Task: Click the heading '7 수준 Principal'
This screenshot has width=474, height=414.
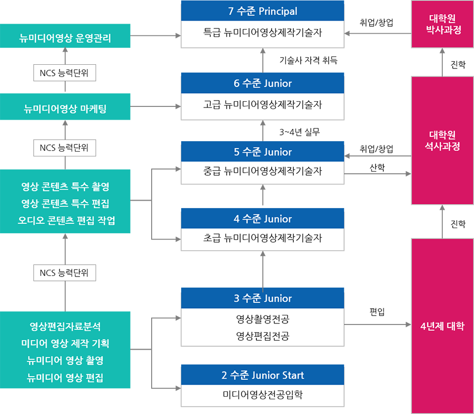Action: (x=262, y=11)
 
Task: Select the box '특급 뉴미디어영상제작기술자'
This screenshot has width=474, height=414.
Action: (x=262, y=33)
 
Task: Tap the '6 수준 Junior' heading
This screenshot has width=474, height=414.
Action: (x=262, y=83)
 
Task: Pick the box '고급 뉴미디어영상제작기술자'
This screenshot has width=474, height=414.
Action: (x=262, y=104)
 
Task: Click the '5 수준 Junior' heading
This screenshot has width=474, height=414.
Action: (x=262, y=152)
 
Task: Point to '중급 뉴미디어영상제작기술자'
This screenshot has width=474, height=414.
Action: (x=262, y=171)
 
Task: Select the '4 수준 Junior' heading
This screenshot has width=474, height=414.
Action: (x=262, y=219)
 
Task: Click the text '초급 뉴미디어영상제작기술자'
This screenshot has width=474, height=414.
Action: (x=262, y=238)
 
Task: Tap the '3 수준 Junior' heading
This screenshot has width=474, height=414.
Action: (x=262, y=298)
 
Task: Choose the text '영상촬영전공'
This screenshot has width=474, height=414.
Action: (x=262, y=319)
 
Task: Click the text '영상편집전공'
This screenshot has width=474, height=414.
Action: (x=262, y=336)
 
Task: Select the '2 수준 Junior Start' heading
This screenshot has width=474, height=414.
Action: (x=262, y=375)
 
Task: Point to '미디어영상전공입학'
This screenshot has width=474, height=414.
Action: (x=262, y=395)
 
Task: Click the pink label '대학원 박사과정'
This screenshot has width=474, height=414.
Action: (x=443, y=24)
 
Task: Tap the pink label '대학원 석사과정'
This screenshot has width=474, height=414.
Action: (x=443, y=140)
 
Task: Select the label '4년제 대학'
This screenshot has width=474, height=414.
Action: (x=443, y=326)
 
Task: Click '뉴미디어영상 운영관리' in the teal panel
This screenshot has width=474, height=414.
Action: (x=65, y=37)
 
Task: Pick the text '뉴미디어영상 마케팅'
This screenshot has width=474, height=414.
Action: (x=65, y=109)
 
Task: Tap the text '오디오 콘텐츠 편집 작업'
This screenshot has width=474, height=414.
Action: (x=65, y=220)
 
